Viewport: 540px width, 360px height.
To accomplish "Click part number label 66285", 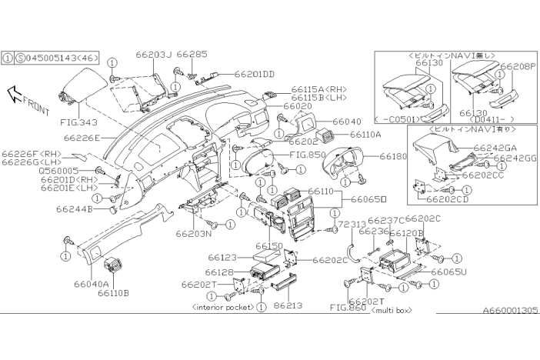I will tap(192, 55).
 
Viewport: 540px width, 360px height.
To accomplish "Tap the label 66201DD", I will tap(254, 74).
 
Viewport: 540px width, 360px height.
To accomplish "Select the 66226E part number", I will tap(82, 138).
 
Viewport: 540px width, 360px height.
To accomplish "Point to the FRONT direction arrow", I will tap(27, 98).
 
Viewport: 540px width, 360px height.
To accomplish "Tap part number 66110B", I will tap(112, 293).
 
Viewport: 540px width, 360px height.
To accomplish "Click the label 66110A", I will tap(365, 135).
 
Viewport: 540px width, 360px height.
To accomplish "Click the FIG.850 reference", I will tap(307, 154).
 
